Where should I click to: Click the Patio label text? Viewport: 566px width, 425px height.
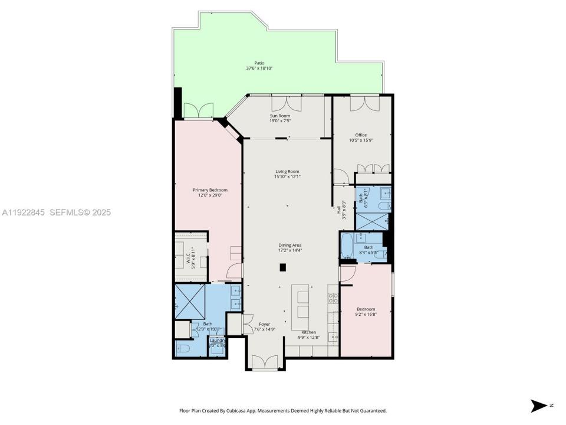259,63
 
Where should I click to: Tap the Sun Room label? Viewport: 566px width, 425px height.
280,116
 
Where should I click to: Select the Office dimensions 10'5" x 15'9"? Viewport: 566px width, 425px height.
361,140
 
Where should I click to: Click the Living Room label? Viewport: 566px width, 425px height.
287,171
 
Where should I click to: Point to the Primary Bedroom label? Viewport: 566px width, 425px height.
210,190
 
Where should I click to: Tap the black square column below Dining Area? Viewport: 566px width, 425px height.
283,267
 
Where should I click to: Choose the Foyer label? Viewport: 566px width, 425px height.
264,324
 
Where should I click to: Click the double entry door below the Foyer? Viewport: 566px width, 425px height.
264,362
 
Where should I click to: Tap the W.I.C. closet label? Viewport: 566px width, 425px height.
188,259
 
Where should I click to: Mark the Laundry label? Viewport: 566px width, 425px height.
217,340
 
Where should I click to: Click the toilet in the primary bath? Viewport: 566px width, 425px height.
182,347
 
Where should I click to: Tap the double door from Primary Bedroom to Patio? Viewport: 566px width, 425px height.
197,111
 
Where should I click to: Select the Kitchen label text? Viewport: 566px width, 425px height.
309,332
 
